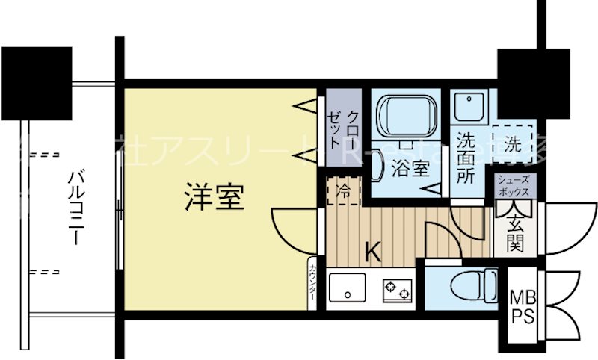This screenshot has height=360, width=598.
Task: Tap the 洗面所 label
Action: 467,159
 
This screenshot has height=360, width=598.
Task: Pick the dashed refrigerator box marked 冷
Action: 343,190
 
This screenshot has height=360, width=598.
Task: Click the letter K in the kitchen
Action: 372,252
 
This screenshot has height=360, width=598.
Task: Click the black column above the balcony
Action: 36,81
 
